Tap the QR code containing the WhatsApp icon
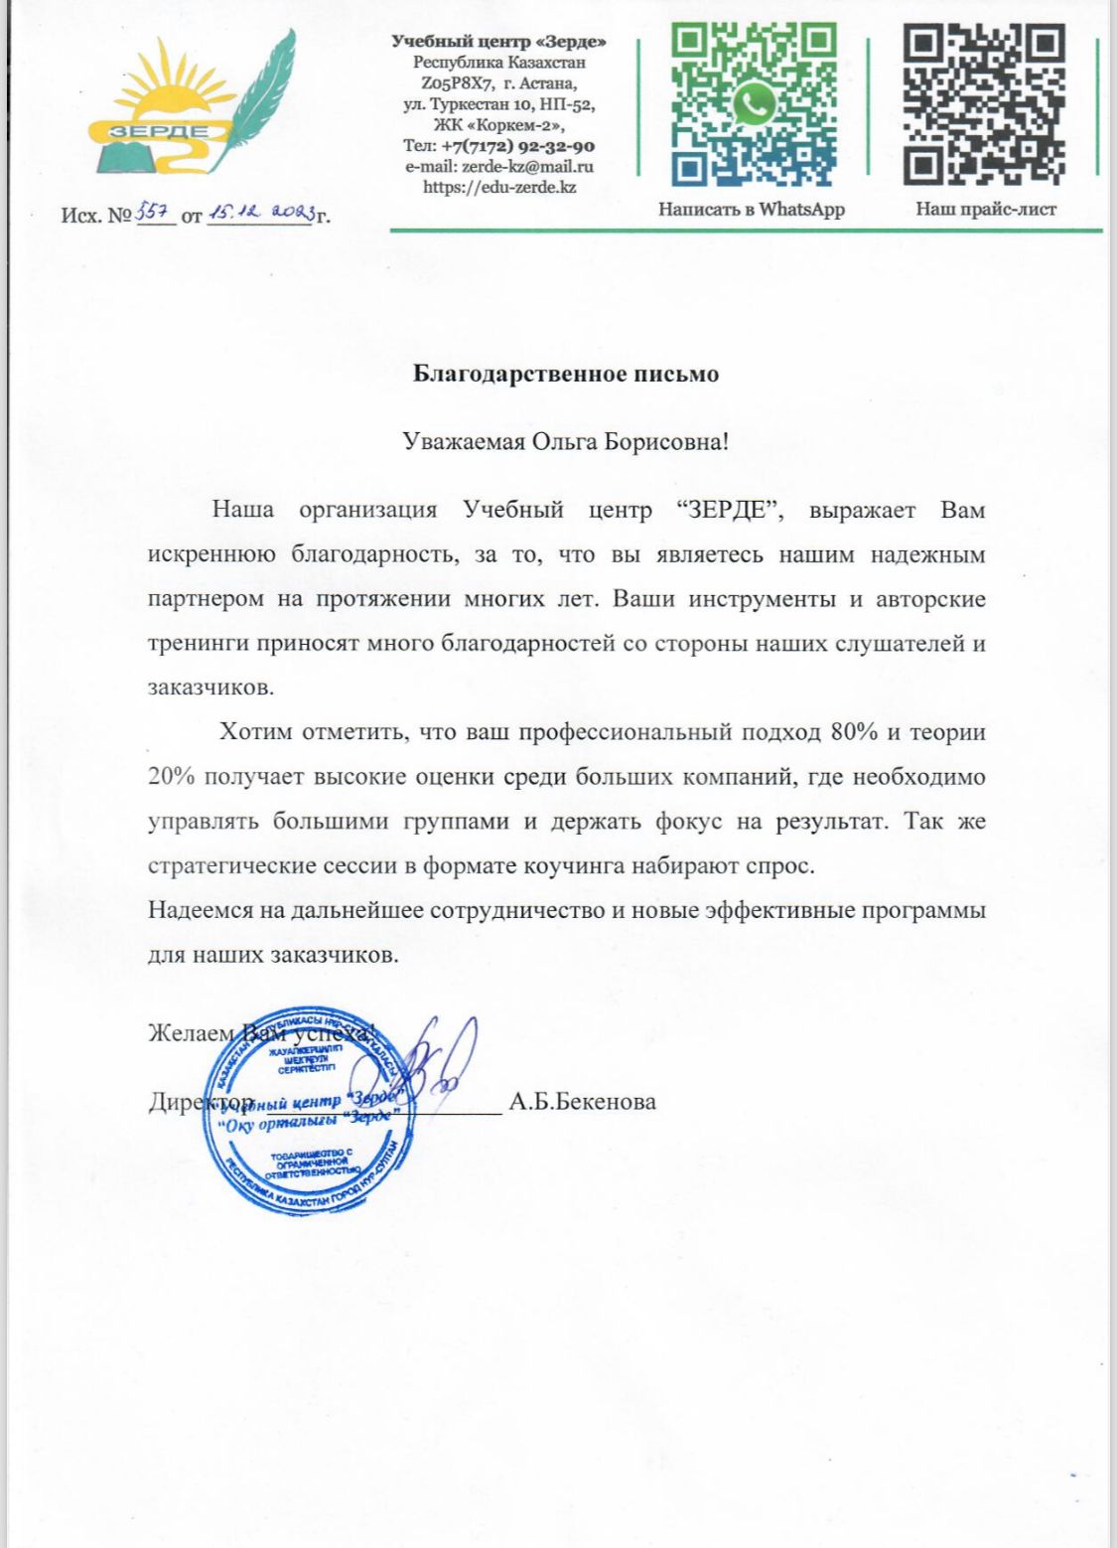coord(754,104)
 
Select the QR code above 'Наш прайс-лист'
coord(983,104)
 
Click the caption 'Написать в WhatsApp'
coord(752,209)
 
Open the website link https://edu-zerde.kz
coord(499,187)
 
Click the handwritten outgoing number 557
coord(156,211)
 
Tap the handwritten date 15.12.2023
coord(259,212)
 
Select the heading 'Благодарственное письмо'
coord(565,375)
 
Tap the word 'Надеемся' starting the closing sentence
coord(197,910)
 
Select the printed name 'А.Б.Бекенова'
coord(582,1102)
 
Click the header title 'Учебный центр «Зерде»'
coord(498,42)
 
